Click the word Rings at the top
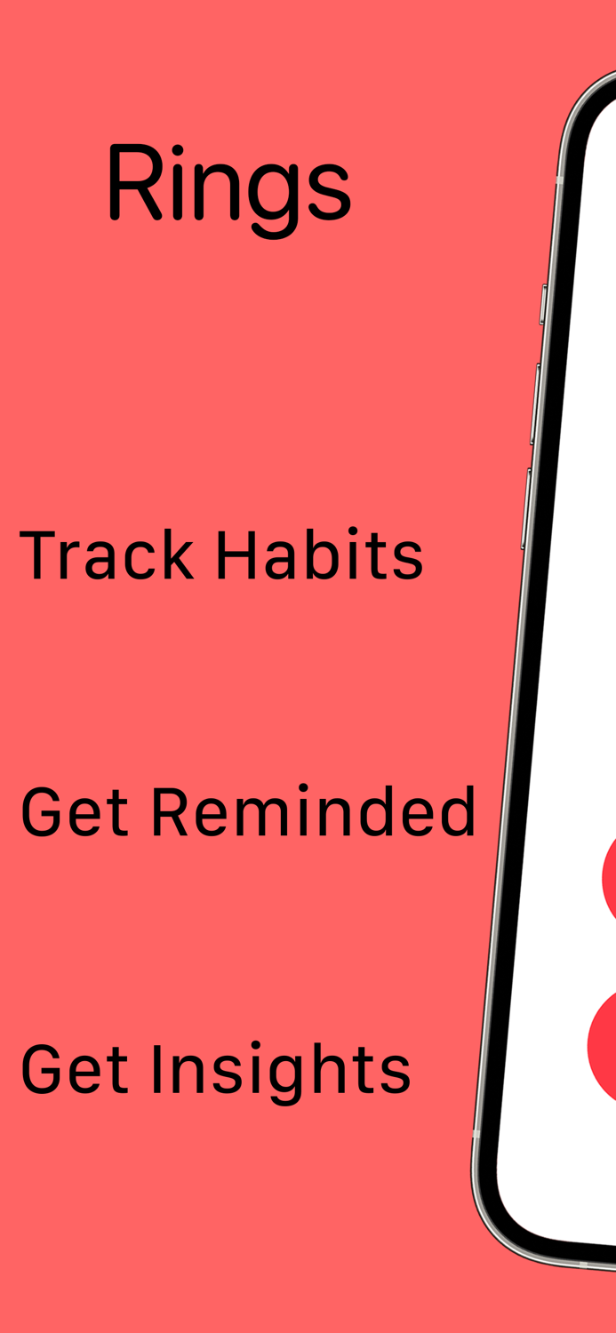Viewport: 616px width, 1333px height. (228, 184)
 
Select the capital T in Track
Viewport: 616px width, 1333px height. (38, 555)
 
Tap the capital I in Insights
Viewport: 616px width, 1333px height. (158, 1069)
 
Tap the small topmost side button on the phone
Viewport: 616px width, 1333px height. (543, 304)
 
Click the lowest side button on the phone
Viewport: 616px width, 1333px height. (526, 508)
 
